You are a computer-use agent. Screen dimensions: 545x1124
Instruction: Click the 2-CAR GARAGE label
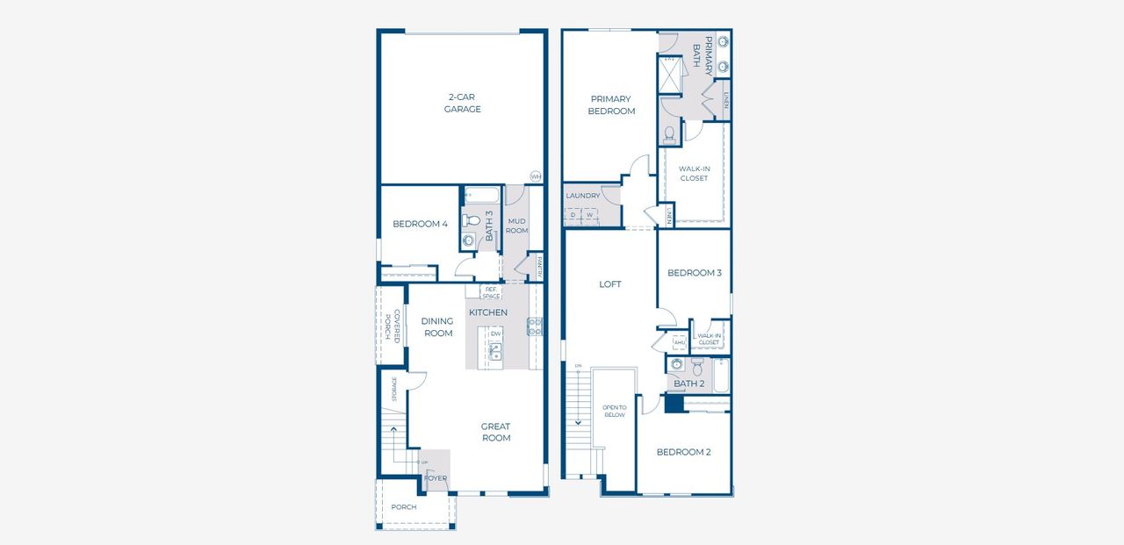point(462,103)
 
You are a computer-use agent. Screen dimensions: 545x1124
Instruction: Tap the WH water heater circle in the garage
point(535,176)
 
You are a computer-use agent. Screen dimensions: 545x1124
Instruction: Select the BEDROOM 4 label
point(420,224)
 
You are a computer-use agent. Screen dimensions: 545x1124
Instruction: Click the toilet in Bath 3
point(469,220)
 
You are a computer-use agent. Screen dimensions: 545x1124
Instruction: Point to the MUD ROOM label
point(516,225)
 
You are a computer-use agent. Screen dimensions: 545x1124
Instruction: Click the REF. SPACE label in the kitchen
point(490,292)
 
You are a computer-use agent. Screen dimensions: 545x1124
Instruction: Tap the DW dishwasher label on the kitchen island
point(495,333)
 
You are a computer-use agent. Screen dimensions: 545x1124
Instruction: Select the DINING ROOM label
point(438,327)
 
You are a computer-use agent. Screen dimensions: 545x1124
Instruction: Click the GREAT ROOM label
point(495,433)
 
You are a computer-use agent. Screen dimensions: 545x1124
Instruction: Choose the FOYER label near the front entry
point(436,478)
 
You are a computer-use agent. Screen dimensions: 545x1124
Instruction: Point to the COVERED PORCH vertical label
point(392,325)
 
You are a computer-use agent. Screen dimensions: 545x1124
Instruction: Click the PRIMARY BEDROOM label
point(612,105)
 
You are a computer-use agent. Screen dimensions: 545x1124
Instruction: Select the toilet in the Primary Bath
point(669,133)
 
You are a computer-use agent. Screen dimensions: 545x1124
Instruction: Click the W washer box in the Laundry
point(590,214)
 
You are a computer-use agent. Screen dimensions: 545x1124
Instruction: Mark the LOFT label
point(610,284)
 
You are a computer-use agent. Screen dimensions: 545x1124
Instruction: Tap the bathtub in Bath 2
point(720,375)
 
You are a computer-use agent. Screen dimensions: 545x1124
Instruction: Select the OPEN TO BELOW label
point(614,411)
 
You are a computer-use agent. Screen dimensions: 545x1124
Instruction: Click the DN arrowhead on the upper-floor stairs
point(578,423)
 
